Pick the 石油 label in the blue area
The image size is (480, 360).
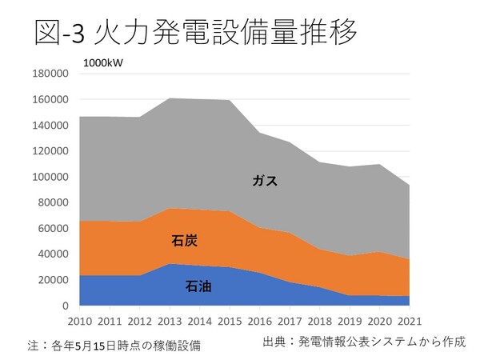click(x=199, y=286)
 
